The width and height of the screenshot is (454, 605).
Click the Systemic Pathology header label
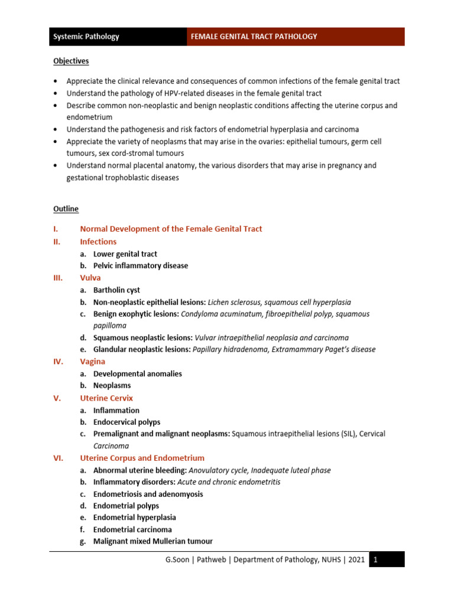(x=86, y=37)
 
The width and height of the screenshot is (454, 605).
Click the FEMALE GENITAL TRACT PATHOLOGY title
(x=254, y=37)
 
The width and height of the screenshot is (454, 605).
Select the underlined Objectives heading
(x=71, y=61)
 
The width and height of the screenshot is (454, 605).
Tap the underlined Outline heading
(x=66, y=209)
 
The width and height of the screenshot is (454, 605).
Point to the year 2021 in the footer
(x=356, y=560)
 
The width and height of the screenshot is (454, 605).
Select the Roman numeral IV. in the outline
(x=59, y=362)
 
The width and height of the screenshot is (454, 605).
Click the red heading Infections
(x=98, y=242)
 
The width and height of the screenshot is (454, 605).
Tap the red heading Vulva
(x=90, y=278)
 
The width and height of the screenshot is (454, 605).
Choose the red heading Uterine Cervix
(x=106, y=398)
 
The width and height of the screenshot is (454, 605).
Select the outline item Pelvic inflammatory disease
(x=141, y=266)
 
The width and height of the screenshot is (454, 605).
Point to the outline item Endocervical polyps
(x=127, y=422)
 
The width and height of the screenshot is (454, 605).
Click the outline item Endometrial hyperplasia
(x=135, y=518)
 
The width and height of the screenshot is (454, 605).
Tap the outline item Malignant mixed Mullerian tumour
(x=153, y=541)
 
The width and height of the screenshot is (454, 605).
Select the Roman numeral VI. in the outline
(x=59, y=458)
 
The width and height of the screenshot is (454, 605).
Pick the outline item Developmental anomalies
(x=138, y=374)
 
